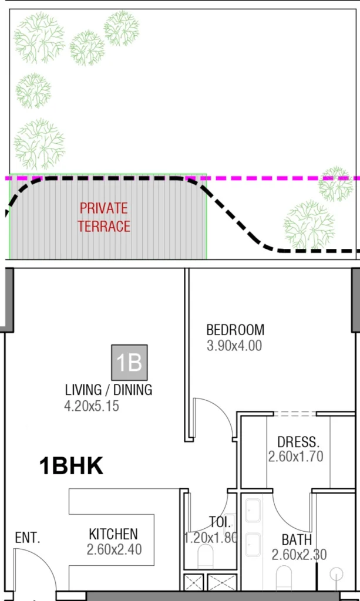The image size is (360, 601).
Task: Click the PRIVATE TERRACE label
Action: click(x=104, y=217)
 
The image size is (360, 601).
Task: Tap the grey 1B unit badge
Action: click(x=130, y=363)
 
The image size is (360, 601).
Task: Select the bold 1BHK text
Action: click(x=71, y=467)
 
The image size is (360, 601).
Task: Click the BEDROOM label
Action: click(x=235, y=330)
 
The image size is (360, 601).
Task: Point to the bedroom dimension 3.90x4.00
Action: click(x=234, y=346)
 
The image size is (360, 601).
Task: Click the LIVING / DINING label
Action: click(x=109, y=390)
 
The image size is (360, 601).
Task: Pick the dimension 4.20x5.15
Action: click(x=92, y=406)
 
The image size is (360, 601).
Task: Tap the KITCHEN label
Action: click(x=113, y=534)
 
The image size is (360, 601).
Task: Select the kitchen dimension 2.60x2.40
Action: click(x=114, y=550)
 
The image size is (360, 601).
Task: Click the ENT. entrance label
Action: click(x=28, y=538)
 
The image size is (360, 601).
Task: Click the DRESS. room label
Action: click(x=298, y=441)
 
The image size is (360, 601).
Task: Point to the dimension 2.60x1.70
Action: click(x=296, y=457)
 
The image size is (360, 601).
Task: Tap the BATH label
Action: click(x=297, y=539)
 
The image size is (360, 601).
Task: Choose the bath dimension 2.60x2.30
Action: click(x=299, y=555)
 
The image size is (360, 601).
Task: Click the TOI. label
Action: click(x=221, y=521)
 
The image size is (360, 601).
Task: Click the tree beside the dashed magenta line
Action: click(x=336, y=184)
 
